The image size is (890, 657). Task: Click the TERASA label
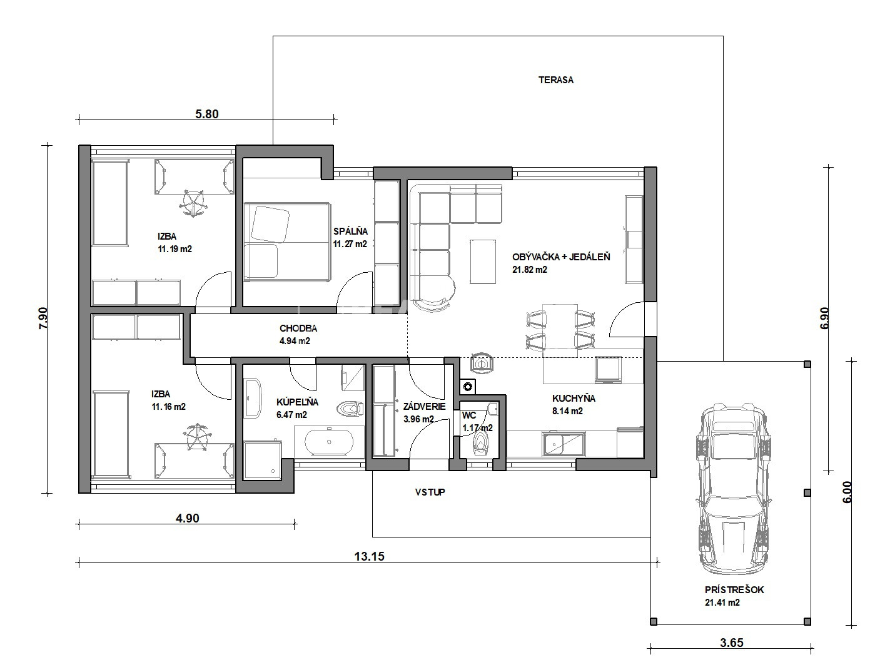point(556,80)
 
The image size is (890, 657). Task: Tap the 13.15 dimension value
point(369,556)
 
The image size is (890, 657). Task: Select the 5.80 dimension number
point(207,114)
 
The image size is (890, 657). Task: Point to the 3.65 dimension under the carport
point(732,643)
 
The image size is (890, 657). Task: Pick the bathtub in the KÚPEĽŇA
point(329,442)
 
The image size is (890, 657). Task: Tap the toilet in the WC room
point(480,442)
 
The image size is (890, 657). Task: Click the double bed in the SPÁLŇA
point(287,242)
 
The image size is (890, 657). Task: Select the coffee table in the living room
point(483,262)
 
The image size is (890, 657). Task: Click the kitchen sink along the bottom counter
point(564,444)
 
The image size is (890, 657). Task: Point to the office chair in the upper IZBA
point(193,203)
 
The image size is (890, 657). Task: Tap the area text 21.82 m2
point(530,270)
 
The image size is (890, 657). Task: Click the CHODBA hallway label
point(298,328)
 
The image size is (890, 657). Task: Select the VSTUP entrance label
point(430,492)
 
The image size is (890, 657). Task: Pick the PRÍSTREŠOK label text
point(734,590)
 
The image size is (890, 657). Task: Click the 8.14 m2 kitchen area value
point(567,411)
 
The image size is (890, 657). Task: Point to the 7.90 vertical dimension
point(43,318)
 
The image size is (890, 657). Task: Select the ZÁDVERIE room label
point(425,407)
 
